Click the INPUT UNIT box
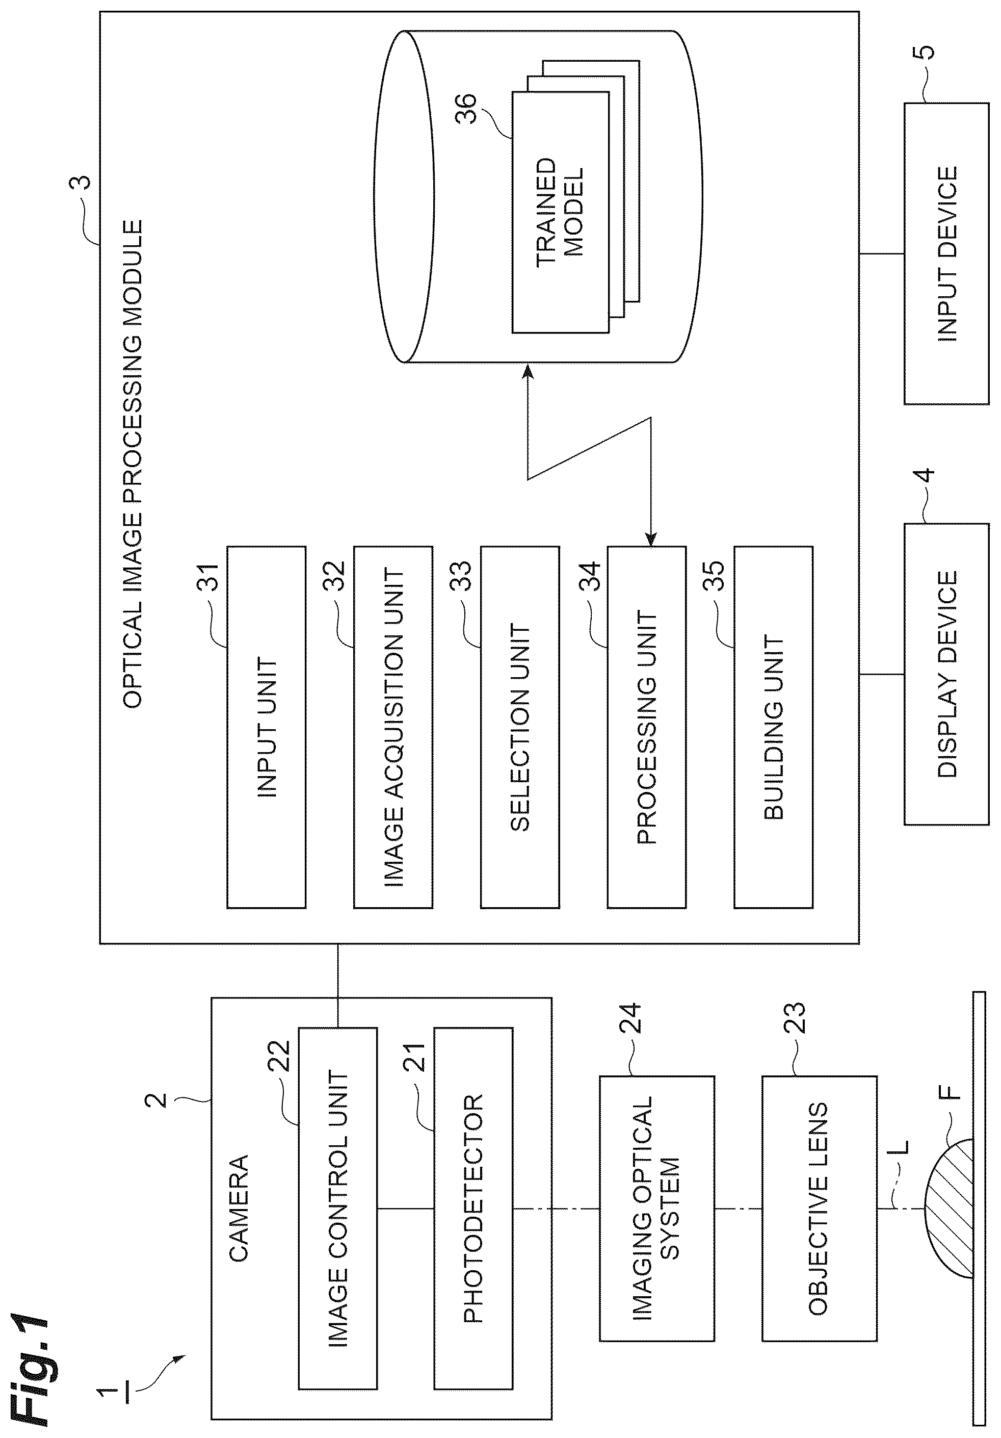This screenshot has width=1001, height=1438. tap(266, 728)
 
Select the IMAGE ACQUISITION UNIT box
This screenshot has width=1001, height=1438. tap(393, 728)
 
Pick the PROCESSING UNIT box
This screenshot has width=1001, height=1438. tap(647, 728)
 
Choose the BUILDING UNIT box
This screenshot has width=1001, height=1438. tap(774, 728)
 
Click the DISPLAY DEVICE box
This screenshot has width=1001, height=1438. tap(946, 674)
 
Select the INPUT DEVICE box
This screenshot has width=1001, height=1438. tap(946, 253)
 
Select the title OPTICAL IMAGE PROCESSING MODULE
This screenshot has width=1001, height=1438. tap(133, 464)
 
